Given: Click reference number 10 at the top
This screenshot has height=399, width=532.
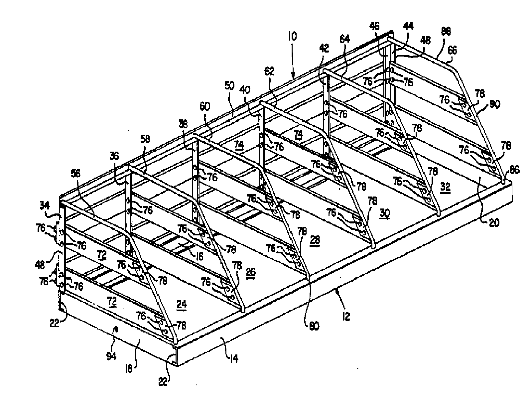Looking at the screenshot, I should [x=293, y=36].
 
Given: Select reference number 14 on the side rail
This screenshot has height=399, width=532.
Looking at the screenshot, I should [x=234, y=359].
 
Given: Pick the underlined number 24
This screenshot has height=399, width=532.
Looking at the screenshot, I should [x=182, y=304].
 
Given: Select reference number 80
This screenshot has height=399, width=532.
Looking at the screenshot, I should [x=314, y=326].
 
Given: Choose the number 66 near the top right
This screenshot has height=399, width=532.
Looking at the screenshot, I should [x=453, y=50].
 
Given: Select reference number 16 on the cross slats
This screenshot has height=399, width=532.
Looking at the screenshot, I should [x=199, y=247].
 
